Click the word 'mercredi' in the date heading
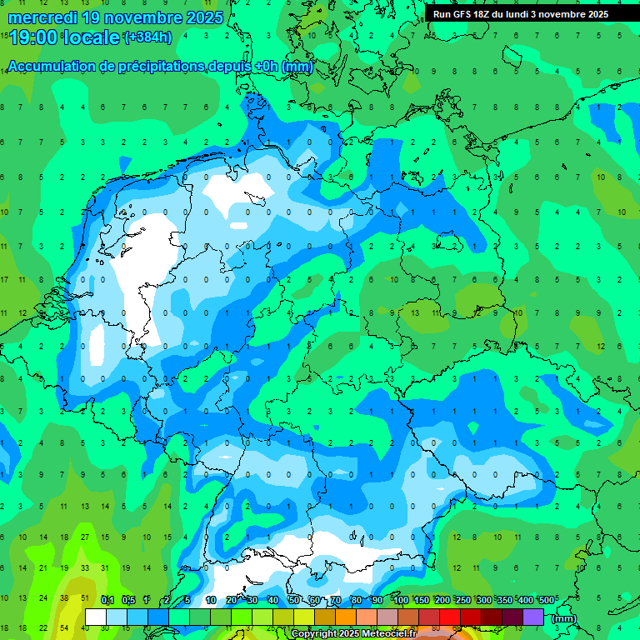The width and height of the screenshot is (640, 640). (42, 17)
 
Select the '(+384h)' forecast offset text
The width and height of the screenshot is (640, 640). (147, 37)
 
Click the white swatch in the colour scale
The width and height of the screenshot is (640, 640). (96, 617)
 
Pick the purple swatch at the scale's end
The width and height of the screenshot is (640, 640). (533, 617)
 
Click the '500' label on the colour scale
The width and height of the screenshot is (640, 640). (547, 601)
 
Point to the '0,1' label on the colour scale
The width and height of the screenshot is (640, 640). (107, 601)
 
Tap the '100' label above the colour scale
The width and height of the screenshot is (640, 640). (401, 601)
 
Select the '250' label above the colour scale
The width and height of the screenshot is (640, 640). (463, 601)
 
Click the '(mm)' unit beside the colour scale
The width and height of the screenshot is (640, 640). (564, 618)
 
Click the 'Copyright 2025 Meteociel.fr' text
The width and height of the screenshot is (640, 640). (354, 633)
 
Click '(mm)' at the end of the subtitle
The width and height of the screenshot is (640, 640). (297, 67)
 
